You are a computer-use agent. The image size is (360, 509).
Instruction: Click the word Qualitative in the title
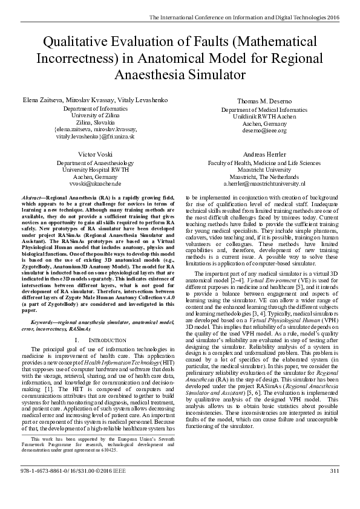pos(78,42)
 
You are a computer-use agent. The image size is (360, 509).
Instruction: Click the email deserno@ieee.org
pos(264,130)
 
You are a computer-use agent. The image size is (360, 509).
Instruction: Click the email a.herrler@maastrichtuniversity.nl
pos(264,183)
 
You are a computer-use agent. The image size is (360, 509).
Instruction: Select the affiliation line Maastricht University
pos(264,170)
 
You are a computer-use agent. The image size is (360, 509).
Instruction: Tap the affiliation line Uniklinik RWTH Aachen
pos(264,116)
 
